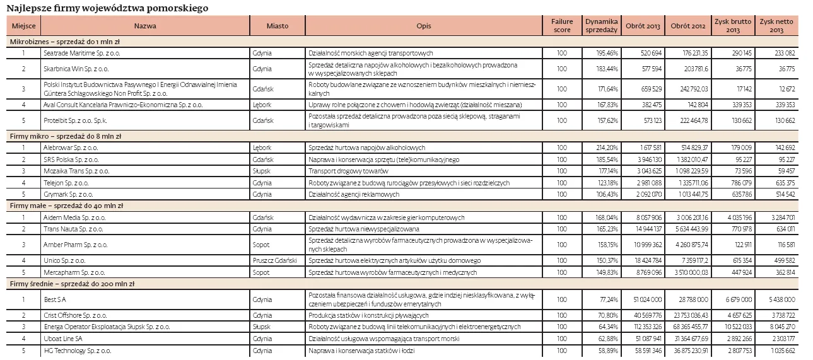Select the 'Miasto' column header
pyautogui.click(x=278, y=26)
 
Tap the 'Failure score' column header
pyautogui.click(x=561, y=26)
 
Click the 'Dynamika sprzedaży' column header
pyautogui.click(x=602, y=26)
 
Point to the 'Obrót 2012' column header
pyautogui.click(x=687, y=26)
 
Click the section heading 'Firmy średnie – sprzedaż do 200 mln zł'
pyautogui.click(x=69, y=284)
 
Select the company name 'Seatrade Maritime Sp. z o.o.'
pyautogui.click(x=82, y=54)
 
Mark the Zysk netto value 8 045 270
pyautogui.click(x=780, y=327)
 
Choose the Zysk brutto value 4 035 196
pyautogui.click(x=734, y=218)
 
